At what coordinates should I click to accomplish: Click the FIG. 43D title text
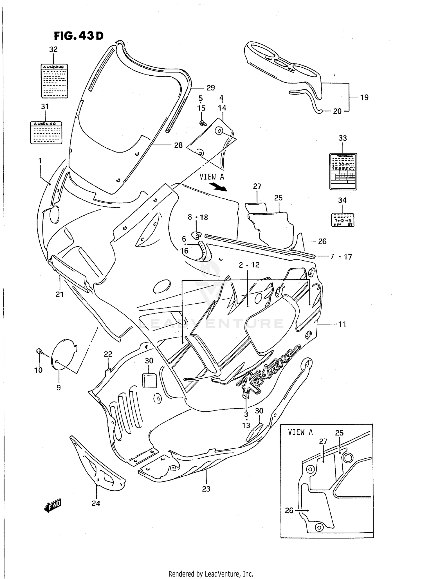coord(78,36)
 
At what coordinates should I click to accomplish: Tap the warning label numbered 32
coord(54,81)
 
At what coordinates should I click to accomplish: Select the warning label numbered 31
coord(46,132)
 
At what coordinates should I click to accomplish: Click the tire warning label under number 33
coord(343,171)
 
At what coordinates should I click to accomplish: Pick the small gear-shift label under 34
coord(342,220)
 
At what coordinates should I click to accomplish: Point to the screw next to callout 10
coord(39,351)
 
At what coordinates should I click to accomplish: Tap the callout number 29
coord(210,88)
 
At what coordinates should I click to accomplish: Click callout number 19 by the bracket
coord(364,97)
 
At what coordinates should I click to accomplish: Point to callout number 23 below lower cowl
coord(206,489)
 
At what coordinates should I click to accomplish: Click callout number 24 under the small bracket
coord(96,503)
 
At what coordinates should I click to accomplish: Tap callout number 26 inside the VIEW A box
coord(289,510)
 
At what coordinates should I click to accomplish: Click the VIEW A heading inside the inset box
coord(300,432)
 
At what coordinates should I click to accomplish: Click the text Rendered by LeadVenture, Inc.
coord(211,574)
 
